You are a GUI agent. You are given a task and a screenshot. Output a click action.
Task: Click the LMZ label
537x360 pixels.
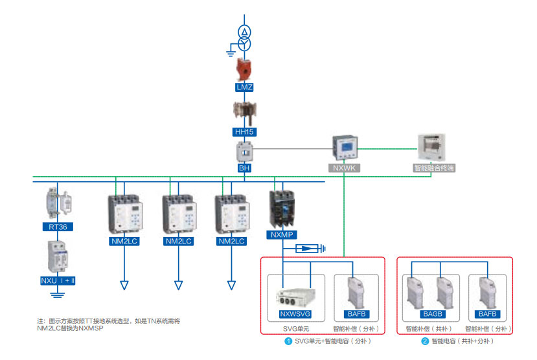(245, 87)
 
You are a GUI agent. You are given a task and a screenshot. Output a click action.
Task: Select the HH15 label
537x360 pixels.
(245, 132)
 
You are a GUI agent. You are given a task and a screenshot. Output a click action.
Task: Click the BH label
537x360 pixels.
(245, 168)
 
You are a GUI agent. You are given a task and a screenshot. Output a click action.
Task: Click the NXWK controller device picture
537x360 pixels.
(344, 148)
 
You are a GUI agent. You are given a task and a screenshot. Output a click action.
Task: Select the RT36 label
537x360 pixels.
(58, 227)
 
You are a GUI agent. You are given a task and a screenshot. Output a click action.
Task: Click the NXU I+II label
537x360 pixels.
(58, 282)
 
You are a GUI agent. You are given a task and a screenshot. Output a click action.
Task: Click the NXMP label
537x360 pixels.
(283, 235)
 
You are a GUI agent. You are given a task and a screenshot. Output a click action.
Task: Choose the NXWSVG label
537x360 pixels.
(295, 315)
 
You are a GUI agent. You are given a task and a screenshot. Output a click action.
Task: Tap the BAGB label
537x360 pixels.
(432, 315)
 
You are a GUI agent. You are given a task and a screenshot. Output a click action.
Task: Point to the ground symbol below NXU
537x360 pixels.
(58, 295)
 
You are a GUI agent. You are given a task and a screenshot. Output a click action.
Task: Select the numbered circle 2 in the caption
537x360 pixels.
(425, 341)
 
